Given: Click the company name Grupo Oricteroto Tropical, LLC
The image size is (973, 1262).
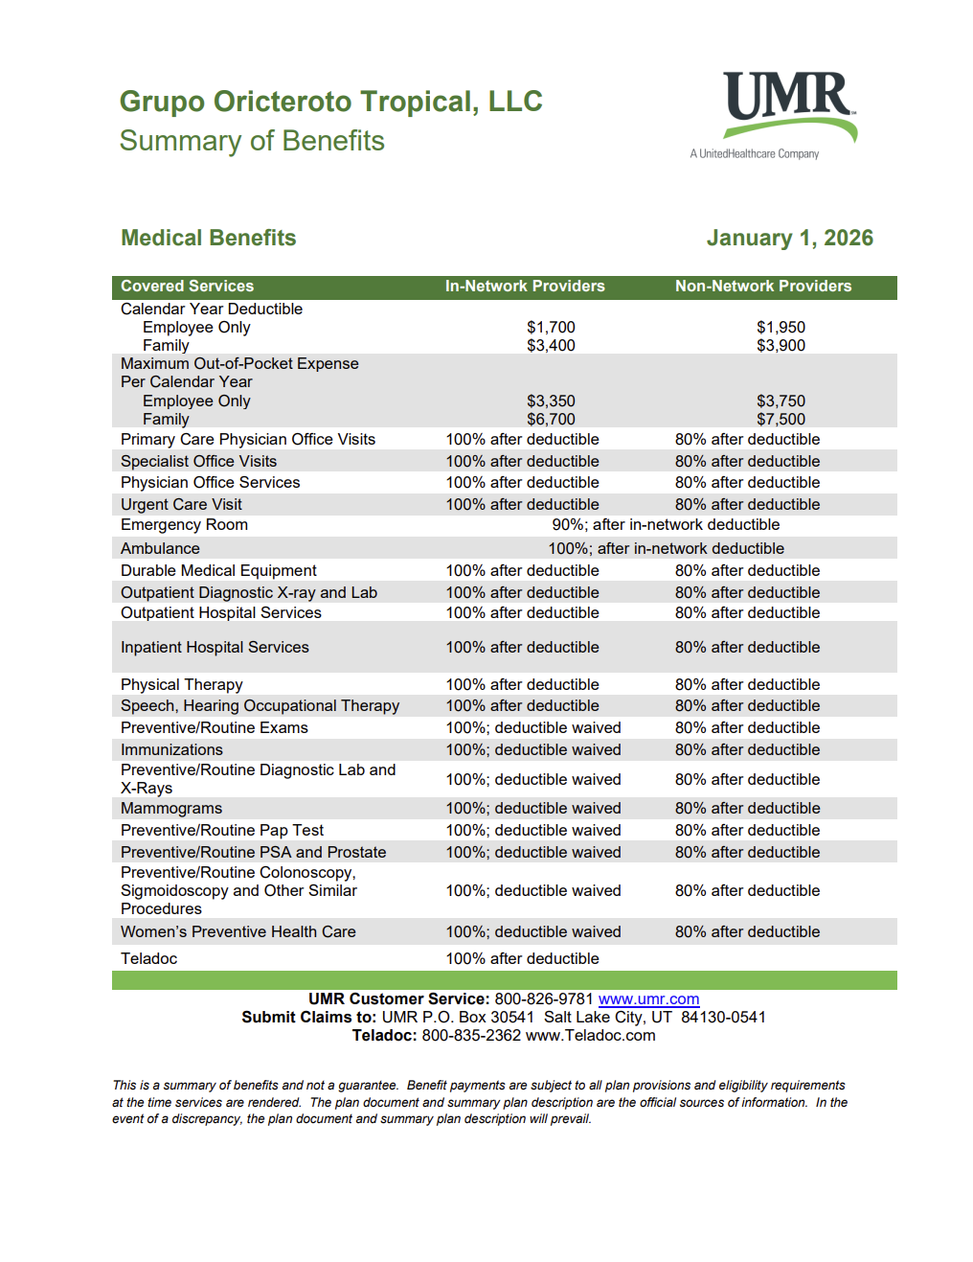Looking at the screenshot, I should [330, 102].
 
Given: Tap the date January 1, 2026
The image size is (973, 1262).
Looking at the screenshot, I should [789, 238].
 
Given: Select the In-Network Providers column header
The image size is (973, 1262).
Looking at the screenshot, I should [525, 287].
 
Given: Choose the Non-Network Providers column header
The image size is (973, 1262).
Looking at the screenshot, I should [762, 287].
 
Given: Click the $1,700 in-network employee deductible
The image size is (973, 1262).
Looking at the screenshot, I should [551, 328].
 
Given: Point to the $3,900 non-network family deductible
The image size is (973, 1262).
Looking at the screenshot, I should [781, 346].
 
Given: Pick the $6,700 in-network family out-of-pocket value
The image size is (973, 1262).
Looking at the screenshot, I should [551, 420].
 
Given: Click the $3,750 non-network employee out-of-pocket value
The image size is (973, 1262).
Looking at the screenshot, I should [781, 402].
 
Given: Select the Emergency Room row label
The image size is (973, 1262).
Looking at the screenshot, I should [184, 525].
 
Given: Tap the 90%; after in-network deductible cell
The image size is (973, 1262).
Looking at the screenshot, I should [666, 525].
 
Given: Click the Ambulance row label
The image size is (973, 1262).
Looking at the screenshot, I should [160, 549].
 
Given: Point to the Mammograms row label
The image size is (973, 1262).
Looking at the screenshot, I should [171, 809].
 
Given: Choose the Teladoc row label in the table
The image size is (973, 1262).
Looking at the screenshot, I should [148, 959].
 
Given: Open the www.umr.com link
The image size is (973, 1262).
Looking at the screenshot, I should [648, 999].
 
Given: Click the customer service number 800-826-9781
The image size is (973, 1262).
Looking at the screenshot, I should [544, 999].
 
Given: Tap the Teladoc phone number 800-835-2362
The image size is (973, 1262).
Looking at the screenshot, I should [471, 1036].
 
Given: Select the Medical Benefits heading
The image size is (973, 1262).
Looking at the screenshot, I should [208, 238].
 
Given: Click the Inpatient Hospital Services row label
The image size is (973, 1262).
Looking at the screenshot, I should [215, 648].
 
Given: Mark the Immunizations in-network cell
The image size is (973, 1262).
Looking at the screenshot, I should [532, 750].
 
